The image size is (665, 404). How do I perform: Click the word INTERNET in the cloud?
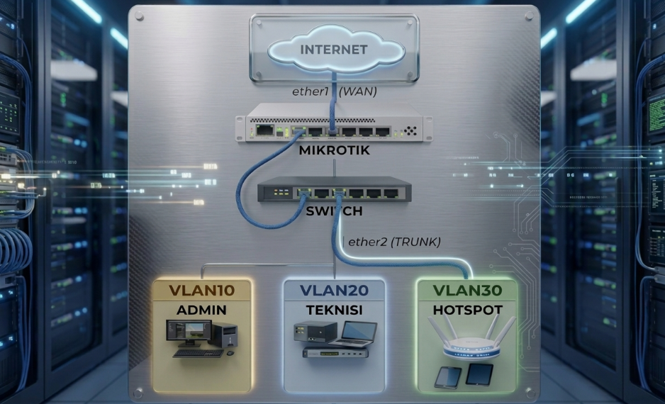[334, 50]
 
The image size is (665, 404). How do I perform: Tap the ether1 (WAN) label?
[334, 91]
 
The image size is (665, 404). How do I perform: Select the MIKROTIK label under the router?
[334, 150]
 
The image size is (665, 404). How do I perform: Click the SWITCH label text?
[334, 211]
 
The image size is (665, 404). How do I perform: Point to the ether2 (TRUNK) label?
[394, 242]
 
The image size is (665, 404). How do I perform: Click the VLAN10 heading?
[202, 291]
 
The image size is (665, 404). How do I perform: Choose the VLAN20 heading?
[334, 291]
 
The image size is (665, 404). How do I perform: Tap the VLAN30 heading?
[467, 291]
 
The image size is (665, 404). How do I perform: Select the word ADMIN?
[201, 310]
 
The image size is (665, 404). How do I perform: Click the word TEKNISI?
[334, 310]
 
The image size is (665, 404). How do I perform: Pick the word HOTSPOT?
[467, 310]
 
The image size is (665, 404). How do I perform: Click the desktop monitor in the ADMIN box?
[189, 332]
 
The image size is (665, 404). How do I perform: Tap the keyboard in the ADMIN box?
[199, 353]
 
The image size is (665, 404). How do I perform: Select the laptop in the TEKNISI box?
[354, 334]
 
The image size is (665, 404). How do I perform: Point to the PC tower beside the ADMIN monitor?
[223, 335]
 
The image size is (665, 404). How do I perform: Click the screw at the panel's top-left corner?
[139, 17]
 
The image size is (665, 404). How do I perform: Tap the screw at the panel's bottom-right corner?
[529, 393]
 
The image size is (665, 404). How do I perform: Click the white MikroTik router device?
[334, 122]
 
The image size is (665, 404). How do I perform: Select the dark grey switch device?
[334, 189]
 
